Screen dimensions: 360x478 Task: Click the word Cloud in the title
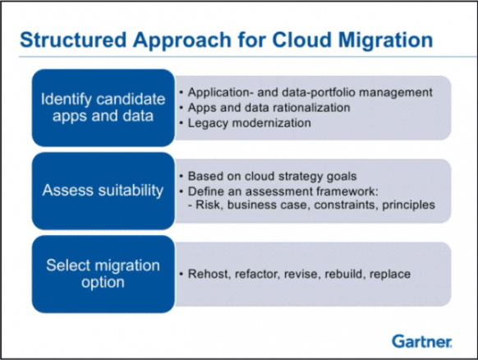coord(292,39)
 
